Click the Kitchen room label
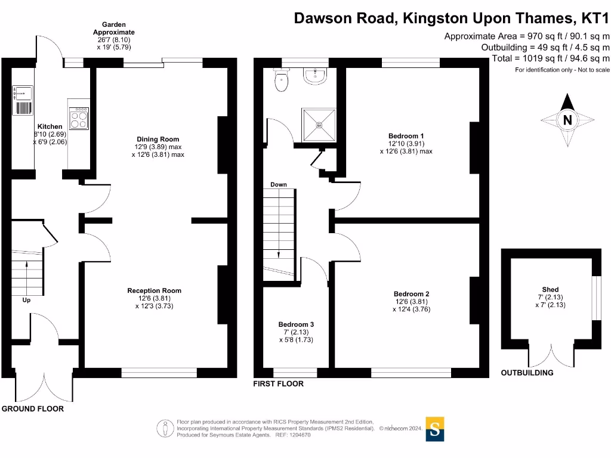(50, 126)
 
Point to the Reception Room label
(154, 290)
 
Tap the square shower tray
(319, 125)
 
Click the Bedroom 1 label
(406, 136)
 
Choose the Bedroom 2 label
(411, 294)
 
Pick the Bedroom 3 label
(296, 324)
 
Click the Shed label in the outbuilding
(550, 290)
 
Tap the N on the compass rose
(567, 120)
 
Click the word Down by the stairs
(279, 185)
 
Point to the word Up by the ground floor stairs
(26, 300)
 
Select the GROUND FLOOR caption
(32, 409)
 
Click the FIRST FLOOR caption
(279, 383)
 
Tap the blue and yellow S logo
(435, 429)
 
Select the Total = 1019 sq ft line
(550, 58)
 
